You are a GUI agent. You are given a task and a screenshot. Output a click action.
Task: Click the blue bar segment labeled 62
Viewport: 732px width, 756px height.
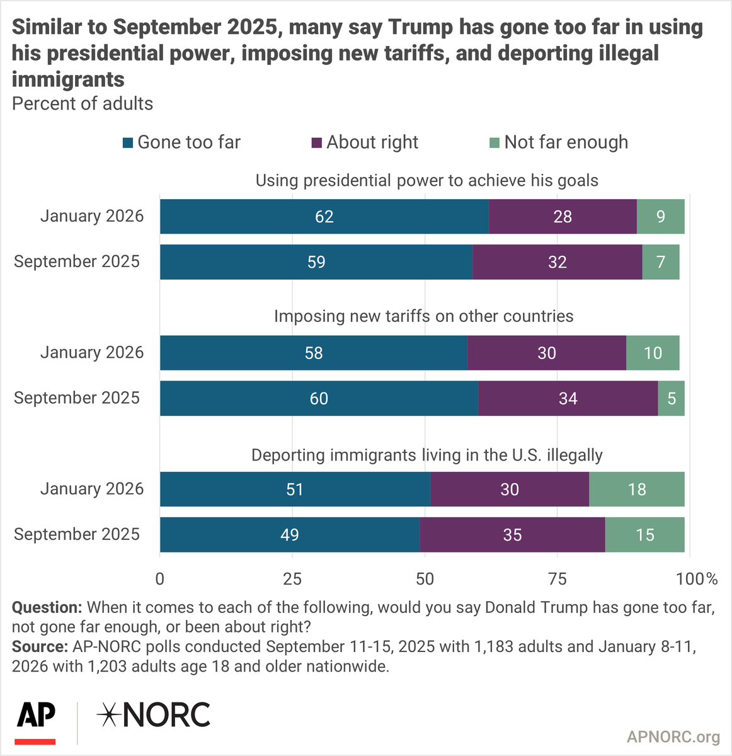[324, 217]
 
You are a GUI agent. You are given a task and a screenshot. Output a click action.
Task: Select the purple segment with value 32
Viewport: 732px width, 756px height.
[557, 262]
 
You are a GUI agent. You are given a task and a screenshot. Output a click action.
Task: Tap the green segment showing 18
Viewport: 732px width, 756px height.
[636, 490]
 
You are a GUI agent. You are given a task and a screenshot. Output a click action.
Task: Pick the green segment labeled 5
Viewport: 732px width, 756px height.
[672, 398]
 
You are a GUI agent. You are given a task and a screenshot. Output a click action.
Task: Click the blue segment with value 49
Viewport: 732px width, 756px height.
[289, 535]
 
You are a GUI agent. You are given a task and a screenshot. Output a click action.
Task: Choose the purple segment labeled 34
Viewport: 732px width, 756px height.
[568, 398]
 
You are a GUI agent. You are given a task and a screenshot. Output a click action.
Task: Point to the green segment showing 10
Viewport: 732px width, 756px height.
[653, 353]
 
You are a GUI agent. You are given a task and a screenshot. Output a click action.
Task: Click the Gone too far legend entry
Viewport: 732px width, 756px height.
[182, 142]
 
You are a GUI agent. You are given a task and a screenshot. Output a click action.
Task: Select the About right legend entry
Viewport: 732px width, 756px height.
[365, 142]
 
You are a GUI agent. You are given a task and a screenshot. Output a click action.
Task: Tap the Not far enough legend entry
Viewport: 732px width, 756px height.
[559, 142]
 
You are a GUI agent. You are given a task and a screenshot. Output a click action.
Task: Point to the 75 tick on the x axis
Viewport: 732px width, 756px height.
[558, 578]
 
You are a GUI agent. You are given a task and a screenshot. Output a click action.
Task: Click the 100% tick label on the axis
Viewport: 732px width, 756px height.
[697, 578]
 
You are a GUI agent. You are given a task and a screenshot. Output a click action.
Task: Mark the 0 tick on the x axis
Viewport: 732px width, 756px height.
[160, 578]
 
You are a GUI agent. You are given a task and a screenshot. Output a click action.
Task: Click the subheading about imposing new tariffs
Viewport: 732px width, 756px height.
[423, 316]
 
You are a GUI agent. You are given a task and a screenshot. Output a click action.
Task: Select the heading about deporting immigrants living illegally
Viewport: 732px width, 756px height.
[426, 455]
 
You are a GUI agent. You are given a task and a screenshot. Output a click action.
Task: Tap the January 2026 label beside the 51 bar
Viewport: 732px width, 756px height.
[92, 489]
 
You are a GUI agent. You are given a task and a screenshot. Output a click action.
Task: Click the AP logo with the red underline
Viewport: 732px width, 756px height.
[36, 722]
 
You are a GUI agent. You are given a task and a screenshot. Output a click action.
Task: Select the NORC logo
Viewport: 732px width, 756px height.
[154, 715]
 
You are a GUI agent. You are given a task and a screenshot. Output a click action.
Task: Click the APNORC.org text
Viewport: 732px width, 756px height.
[673, 736]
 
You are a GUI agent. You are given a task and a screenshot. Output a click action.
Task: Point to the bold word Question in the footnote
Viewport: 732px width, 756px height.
[47, 607]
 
